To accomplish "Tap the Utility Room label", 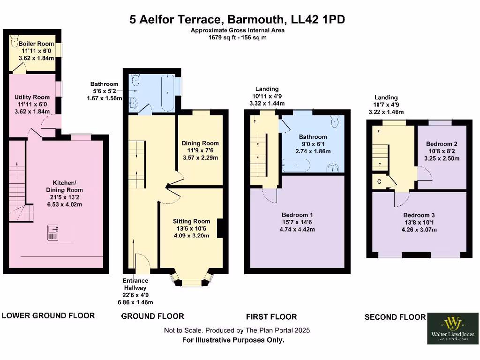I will click(32, 97).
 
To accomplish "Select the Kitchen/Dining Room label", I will click(67, 186).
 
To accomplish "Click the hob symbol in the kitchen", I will click(54, 232).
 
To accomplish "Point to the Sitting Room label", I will click(191, 221).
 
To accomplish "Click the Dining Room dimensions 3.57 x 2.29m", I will click(200, 158).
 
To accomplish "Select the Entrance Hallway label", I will click(135, 284).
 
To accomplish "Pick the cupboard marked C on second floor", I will click(378, 180).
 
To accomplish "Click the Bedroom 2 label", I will click(442, 144).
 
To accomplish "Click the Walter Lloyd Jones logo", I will click(453, 328).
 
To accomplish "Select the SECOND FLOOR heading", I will click(395, 317).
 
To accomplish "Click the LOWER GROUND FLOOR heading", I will click(48, 315).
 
